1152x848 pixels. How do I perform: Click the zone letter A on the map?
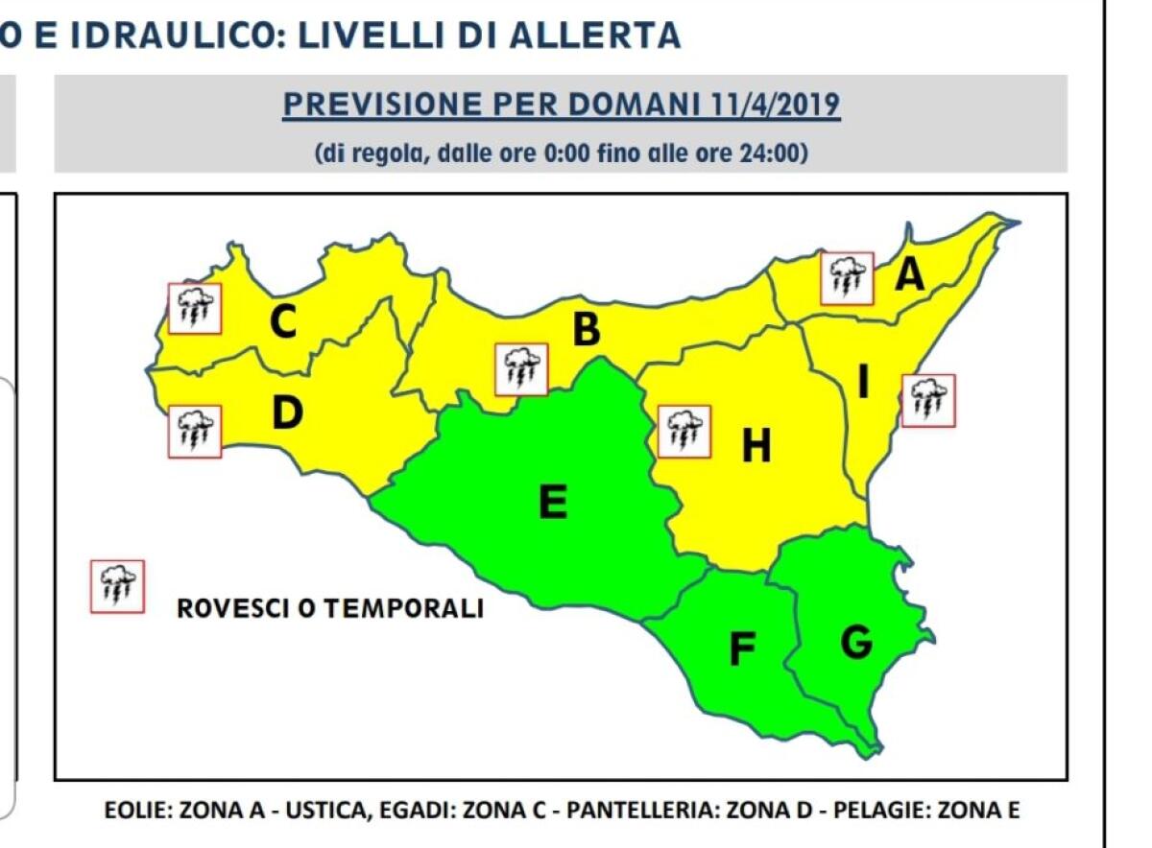tap(909, 275)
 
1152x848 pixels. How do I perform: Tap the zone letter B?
tap(586, 330)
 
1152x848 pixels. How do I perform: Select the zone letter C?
tap(282, 322)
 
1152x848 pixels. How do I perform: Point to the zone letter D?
tap(287, 413)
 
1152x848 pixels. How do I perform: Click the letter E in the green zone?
tap(553, 502)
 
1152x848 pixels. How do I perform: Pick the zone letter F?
tap(741, 650)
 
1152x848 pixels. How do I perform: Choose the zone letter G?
tap(856, 643)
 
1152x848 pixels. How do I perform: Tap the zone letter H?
tap(756, 445)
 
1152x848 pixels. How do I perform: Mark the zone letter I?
tap(863, 384)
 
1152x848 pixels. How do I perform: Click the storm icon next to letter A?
tap(848, 278)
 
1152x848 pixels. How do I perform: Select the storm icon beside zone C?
tap(195, 308)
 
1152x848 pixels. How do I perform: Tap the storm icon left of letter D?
tap(195, 431)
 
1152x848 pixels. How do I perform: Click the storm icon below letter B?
tap(521, 369)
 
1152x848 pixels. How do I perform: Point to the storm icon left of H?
tap(684, 431)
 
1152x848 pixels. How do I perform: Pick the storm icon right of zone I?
tap(928, 399)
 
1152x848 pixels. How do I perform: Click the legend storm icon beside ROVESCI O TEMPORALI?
tap(117, 586)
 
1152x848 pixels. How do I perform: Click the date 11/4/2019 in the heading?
tap(777, 105)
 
